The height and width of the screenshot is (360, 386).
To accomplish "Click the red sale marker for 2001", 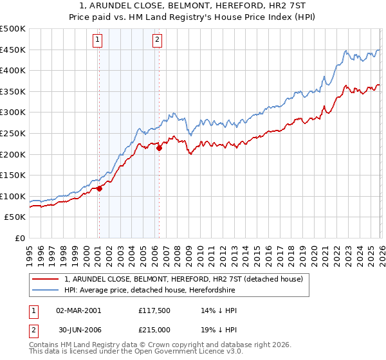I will [99, 189].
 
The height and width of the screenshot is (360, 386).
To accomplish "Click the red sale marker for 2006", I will [159, 148].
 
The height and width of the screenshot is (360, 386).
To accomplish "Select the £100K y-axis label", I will [13, 196].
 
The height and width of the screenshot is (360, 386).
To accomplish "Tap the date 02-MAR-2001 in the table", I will [79, 310].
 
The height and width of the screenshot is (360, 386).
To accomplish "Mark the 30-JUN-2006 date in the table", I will [79, 330].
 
